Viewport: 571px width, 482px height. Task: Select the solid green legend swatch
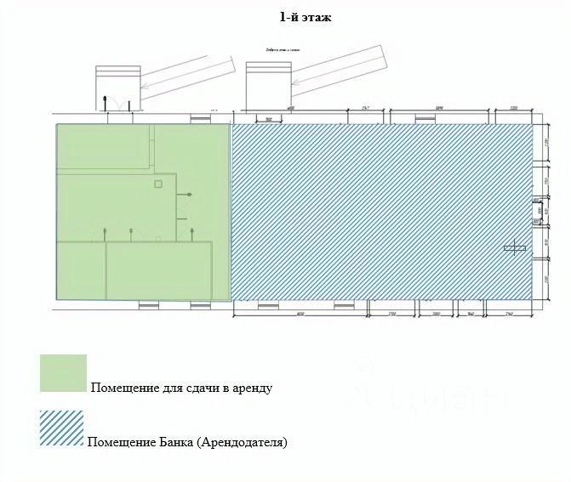pos(63,373)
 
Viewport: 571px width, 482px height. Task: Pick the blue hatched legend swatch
pos(61,429)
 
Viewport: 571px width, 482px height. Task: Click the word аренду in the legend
pos(252,388)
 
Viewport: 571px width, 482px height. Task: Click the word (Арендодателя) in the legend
pos(245,443)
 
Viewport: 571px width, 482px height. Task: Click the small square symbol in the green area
pos(157,183)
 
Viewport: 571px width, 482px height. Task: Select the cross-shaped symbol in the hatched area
pos(515,248)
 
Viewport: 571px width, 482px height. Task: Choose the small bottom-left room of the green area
pos(81,269)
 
